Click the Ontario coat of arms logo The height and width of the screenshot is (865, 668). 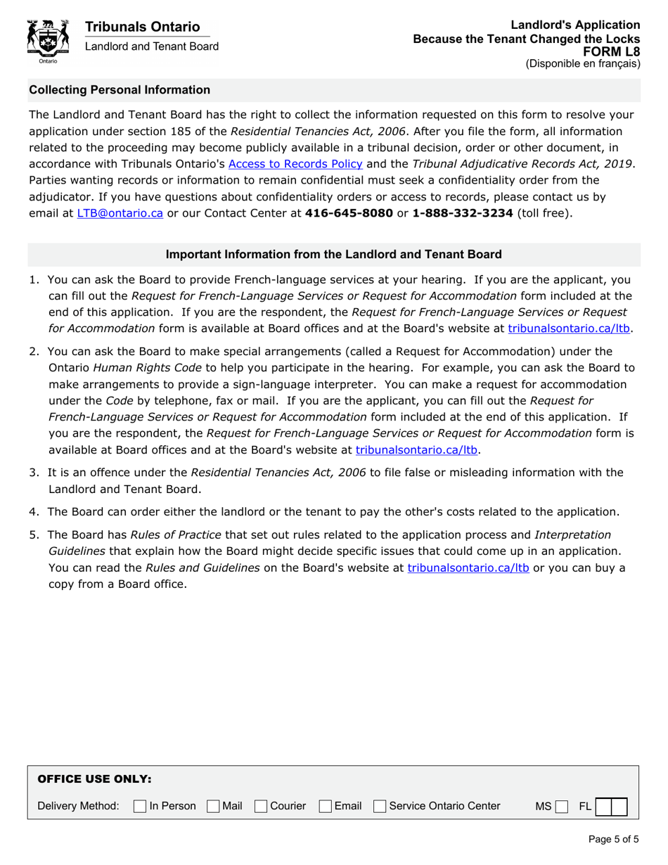click(47, 41)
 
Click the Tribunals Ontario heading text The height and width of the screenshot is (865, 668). click(142, 27)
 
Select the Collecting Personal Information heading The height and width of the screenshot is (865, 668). click(119, 90)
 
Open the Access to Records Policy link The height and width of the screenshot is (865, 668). click(295, 165)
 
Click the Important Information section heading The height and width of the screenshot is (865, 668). click(333, 255)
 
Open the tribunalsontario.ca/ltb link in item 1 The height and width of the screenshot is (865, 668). click(565, 328)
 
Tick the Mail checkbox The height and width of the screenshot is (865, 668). click(213, 806)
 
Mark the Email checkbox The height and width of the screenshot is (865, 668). click(326, 806)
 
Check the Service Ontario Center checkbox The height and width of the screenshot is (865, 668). click(380, 806)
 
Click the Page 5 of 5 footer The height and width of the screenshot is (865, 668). click(612, 839)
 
